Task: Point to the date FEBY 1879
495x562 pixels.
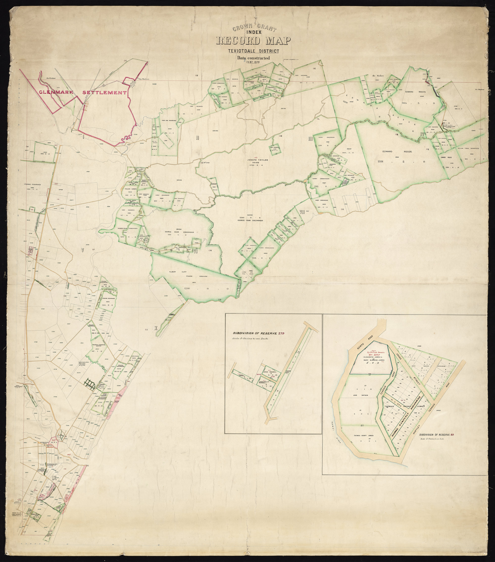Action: pyautogui.click(x=253, y=62)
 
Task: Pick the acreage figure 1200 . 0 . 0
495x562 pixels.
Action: pyautogui.click(x=205, y=289)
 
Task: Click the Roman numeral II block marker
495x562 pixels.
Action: pyautogui.click(x=197, y=138)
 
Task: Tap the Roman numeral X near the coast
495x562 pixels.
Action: pyautogui.click(x=156, y=328)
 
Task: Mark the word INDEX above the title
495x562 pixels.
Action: pyautogui.click(x=253, y=32)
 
